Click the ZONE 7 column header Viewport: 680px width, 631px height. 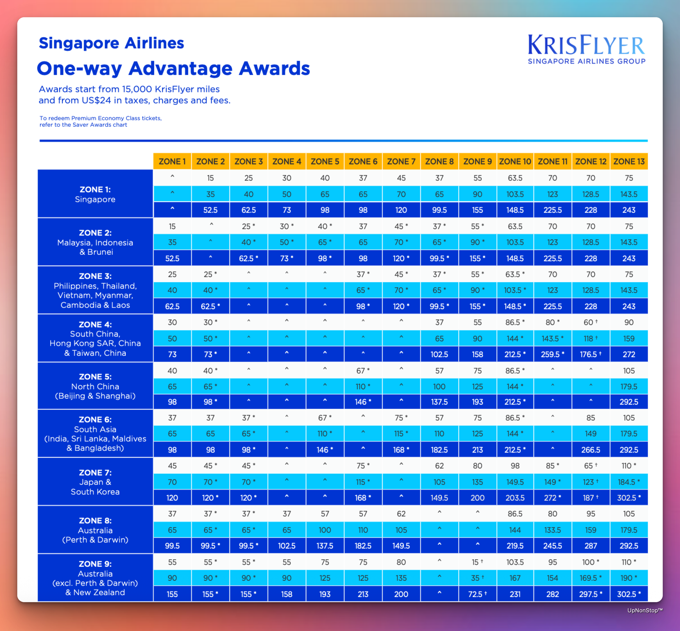click(401, 161)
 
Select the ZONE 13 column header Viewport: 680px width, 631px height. click(629, 161)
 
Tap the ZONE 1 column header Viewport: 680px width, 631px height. click(172, 161)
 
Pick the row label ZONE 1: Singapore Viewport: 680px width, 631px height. click(95, 194)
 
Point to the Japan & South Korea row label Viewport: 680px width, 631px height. click(95, 482)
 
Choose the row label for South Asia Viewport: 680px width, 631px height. click(95, 433)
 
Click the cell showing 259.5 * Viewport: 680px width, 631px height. click(552, 354)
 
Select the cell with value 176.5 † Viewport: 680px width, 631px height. click(591, 354)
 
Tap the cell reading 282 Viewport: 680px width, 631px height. click(552, 594)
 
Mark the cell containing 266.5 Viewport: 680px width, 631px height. click(591, 450)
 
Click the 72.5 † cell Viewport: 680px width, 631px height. click(477, 594)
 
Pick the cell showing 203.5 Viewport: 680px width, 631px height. click(515, 498)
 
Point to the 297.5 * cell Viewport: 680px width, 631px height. click(591, 594)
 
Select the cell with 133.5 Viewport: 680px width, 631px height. click(552, 530)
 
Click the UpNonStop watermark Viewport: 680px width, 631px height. click(645, 611)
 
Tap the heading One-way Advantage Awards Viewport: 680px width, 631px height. click(173, 69)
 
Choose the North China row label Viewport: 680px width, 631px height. click(95, 386)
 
